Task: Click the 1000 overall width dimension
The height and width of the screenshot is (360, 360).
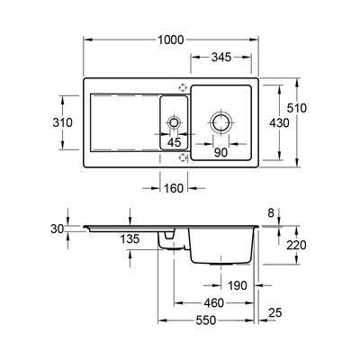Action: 170,40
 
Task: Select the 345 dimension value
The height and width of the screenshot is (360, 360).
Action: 221,57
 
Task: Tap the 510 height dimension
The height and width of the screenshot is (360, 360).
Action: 297,108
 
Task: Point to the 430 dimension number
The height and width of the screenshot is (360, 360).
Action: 279,123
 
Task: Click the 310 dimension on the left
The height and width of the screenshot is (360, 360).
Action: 62,122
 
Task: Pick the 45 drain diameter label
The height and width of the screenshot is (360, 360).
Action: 175,142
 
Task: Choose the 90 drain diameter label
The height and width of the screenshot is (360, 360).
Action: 221,153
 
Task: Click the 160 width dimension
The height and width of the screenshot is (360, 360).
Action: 174,188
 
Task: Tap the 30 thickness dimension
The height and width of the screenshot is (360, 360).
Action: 58,229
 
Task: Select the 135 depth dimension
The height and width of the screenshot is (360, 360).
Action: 130,239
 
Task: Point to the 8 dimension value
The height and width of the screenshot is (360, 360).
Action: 271,213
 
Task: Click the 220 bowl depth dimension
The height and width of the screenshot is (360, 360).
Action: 296,245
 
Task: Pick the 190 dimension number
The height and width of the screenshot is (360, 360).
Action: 238,285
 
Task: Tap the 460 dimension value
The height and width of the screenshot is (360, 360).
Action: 214,303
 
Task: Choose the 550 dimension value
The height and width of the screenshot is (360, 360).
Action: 206,320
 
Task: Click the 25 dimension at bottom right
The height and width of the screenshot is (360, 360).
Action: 275,313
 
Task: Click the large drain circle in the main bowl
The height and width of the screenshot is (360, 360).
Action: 220,122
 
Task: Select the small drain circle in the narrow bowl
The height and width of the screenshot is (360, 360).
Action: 174,122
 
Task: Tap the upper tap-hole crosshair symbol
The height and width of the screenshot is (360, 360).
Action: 182,87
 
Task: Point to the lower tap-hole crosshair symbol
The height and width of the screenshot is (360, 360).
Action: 182,157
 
